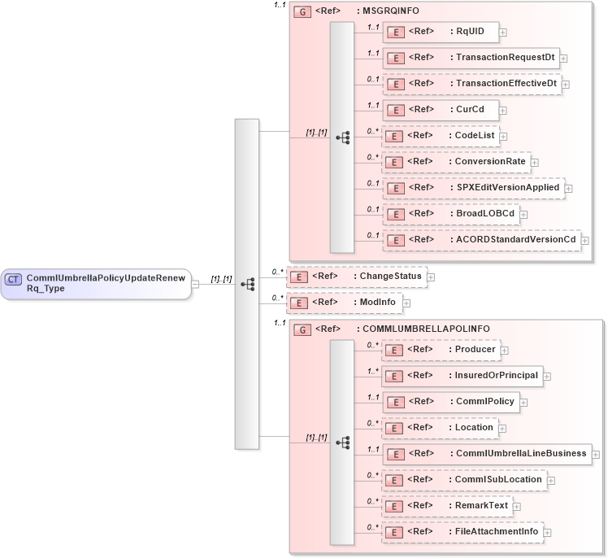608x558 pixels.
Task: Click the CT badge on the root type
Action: [x=13, y=279]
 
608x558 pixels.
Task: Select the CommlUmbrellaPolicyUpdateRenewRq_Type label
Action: [x=106, y=284]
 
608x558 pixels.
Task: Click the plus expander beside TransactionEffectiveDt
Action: [x=565, y=84]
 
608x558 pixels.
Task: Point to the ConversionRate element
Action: [x=456, y=162]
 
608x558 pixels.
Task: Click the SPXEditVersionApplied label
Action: [x=507, y=188]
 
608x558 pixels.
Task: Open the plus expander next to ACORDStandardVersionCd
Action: [x=584, y=240]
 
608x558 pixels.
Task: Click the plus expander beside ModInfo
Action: [x=406, y=303]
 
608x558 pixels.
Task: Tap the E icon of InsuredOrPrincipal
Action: [x=394, y=376]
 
